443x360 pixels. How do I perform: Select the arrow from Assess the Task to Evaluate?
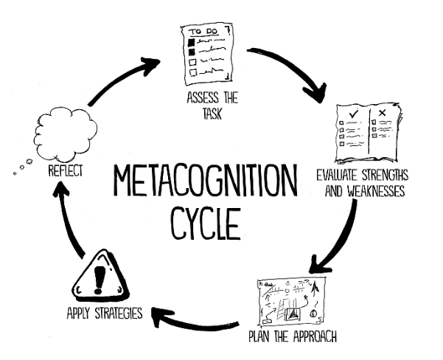pyautogui.click(x=295, y=77)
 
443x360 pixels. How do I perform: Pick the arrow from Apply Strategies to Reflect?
pyautogui.click(x=69, y=221)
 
